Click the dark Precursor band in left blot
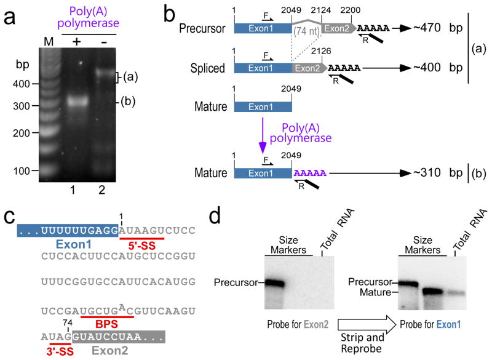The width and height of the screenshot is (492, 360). pos(285,284)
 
